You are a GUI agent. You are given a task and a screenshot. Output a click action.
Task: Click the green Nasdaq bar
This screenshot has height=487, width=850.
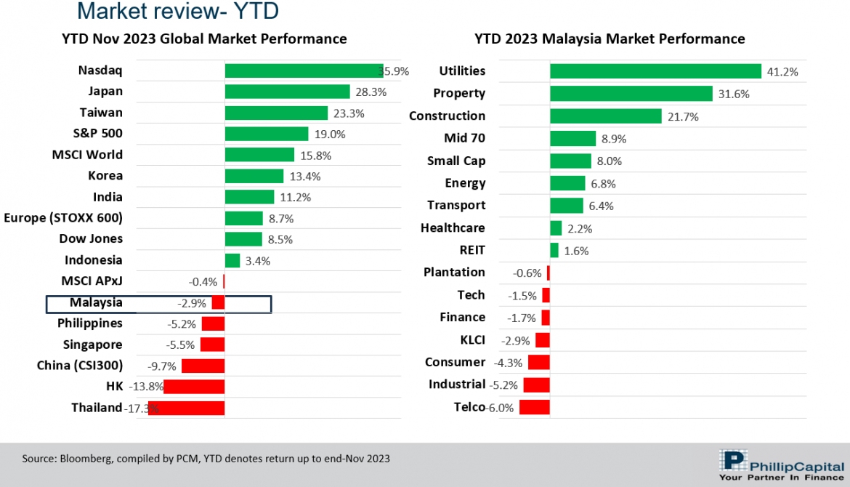coord(303,71)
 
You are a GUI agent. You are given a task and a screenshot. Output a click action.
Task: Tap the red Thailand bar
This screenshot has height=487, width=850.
coord(187,408)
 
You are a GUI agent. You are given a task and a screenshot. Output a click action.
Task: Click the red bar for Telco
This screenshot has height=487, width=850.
coord(534,407)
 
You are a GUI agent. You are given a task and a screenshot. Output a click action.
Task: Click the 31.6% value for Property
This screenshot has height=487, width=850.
coord(734,94)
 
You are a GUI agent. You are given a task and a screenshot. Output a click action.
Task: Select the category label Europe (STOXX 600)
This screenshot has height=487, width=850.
coord(63,217)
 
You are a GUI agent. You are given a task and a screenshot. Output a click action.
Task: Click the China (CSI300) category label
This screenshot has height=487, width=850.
coord(80,365)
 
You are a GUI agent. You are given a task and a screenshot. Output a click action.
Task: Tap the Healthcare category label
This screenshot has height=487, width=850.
coord(453,228)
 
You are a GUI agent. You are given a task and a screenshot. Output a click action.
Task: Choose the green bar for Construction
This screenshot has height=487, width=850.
coord(605,116)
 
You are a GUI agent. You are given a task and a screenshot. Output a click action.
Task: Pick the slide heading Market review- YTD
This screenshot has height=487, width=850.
coord(177,12)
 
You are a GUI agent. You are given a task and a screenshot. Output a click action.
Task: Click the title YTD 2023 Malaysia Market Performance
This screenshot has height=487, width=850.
coord(610,39)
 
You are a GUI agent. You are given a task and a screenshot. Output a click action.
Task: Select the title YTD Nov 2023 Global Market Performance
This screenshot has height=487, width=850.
coord(204,39)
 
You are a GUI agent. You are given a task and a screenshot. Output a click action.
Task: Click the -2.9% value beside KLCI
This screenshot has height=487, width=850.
coord(516,340)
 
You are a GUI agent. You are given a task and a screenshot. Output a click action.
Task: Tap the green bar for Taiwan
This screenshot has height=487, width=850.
coord(276,113)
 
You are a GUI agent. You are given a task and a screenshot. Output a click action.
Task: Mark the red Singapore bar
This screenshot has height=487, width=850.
coord(212,345)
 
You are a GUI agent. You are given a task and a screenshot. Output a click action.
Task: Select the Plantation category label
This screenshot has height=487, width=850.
coord(454,272)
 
